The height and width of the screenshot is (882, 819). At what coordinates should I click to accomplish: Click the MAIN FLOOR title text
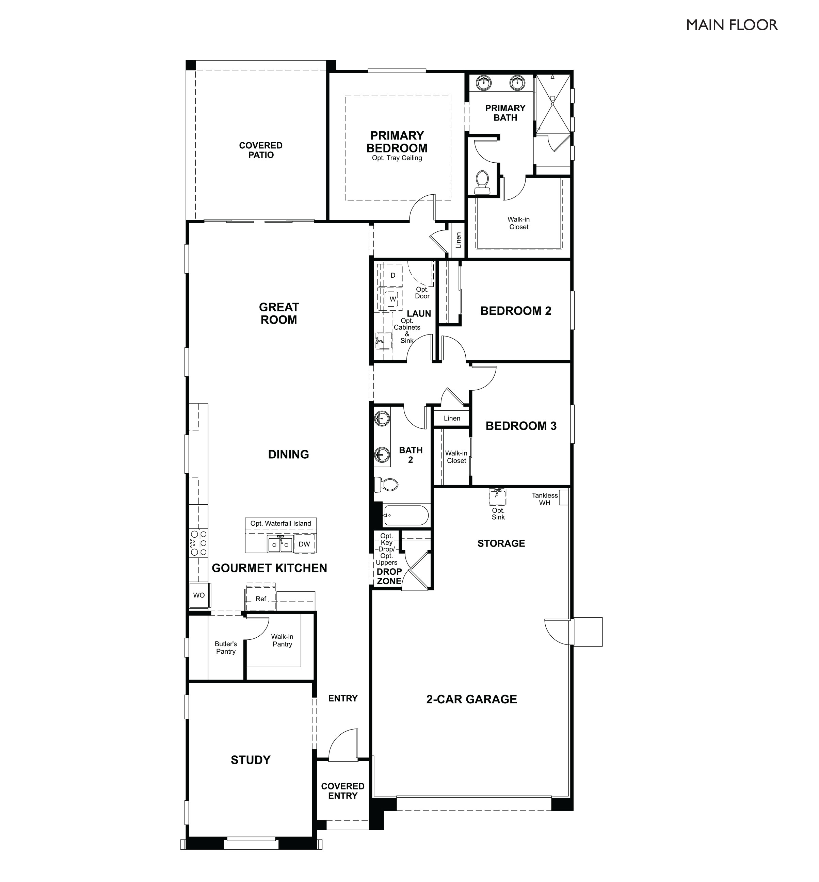coord(731,25)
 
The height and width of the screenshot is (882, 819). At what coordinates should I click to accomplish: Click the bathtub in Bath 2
coord(405,516)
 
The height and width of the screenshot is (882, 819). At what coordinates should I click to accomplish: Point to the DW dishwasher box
coord(304,544)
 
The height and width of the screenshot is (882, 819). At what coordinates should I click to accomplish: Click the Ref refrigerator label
coord(261,599)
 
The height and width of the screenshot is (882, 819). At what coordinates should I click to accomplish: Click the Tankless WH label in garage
coord(545,499)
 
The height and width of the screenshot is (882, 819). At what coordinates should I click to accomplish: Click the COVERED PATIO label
coord(261,150)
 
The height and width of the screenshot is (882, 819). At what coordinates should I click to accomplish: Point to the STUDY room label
coord(251,760)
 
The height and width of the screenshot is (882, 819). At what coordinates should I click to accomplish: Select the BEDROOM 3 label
coord(521,426)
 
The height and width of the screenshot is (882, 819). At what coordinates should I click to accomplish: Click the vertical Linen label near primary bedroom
coord(458,240)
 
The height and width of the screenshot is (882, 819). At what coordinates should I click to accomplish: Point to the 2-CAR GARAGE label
coord(471,700)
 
